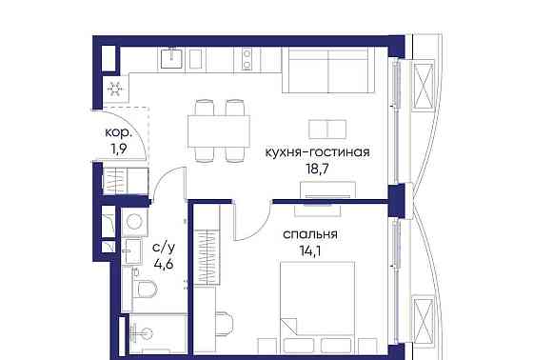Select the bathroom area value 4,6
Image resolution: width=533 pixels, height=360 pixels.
[163, 266]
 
